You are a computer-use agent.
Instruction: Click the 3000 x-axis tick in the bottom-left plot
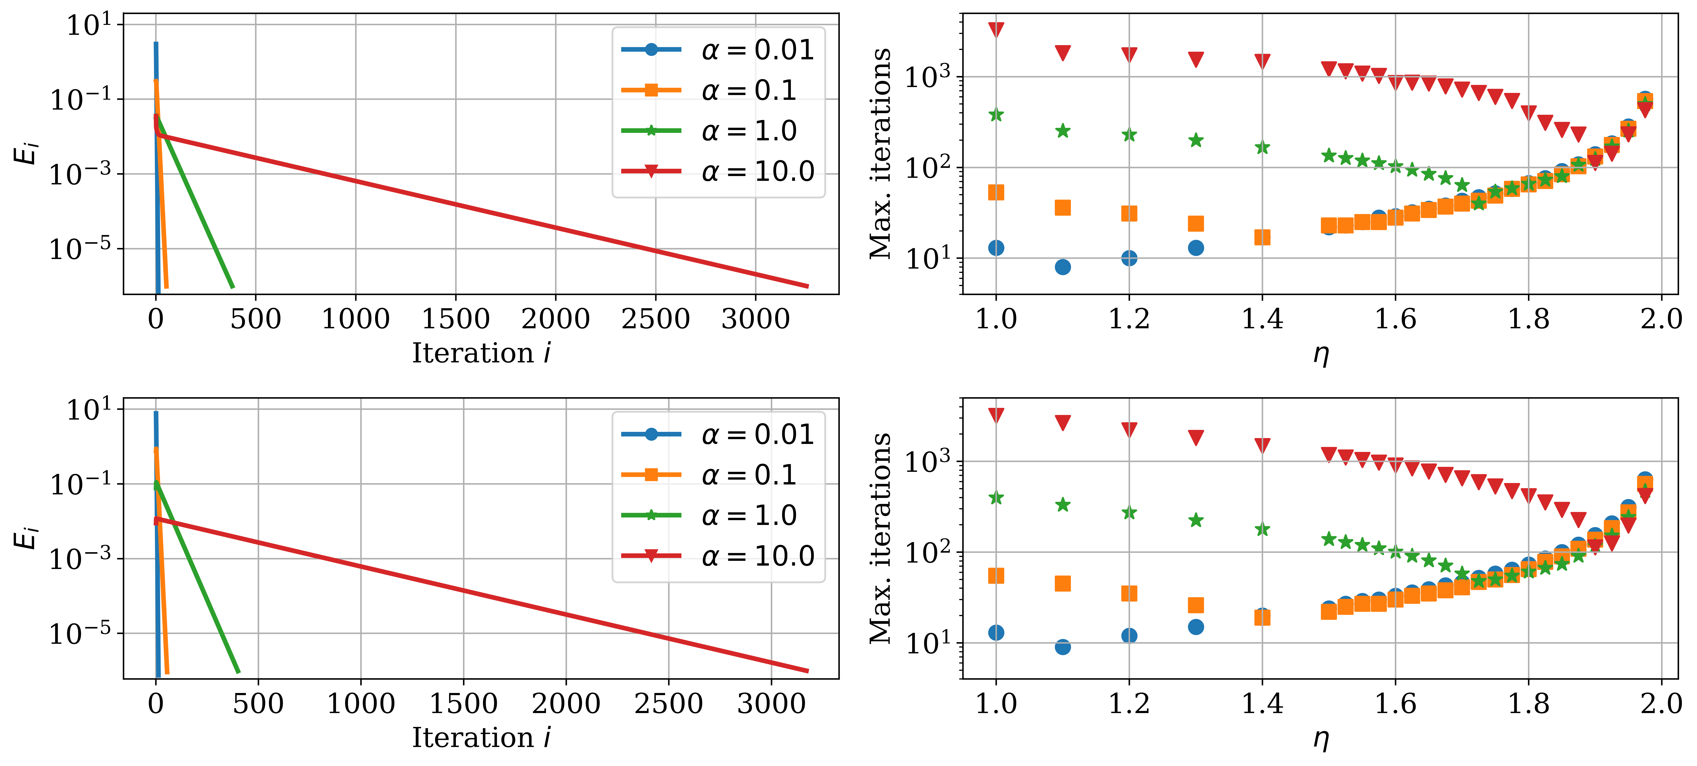(x=771, y=704)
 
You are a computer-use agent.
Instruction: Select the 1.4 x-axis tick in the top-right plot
(x=1262, y=319)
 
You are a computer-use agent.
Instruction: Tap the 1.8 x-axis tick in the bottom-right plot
(x=1528, y=704)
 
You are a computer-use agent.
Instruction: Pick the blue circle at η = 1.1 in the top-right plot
(x=1063, y=267)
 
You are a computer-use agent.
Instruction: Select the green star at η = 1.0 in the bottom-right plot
(x=996, y=498)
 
